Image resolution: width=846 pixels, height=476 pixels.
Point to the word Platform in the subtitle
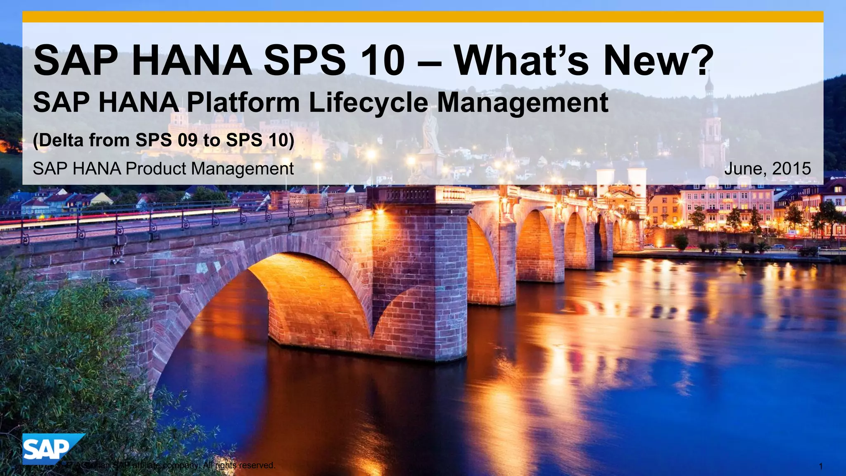[x=243, y=103]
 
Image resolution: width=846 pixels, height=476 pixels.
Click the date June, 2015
[x=767, y=169]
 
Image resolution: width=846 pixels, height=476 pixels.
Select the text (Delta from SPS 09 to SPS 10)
[x=164, y=140]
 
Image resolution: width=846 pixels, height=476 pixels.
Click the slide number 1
[x=821, y=466]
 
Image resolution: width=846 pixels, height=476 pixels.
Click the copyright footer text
[x=165, y=466]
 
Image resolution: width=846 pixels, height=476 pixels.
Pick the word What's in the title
[x=523, y=61]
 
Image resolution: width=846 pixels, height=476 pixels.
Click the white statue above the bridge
[x=430, y=132]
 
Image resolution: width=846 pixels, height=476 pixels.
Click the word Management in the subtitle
[x=523, y=103]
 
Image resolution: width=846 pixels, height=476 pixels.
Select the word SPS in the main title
[x=304, y=61]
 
